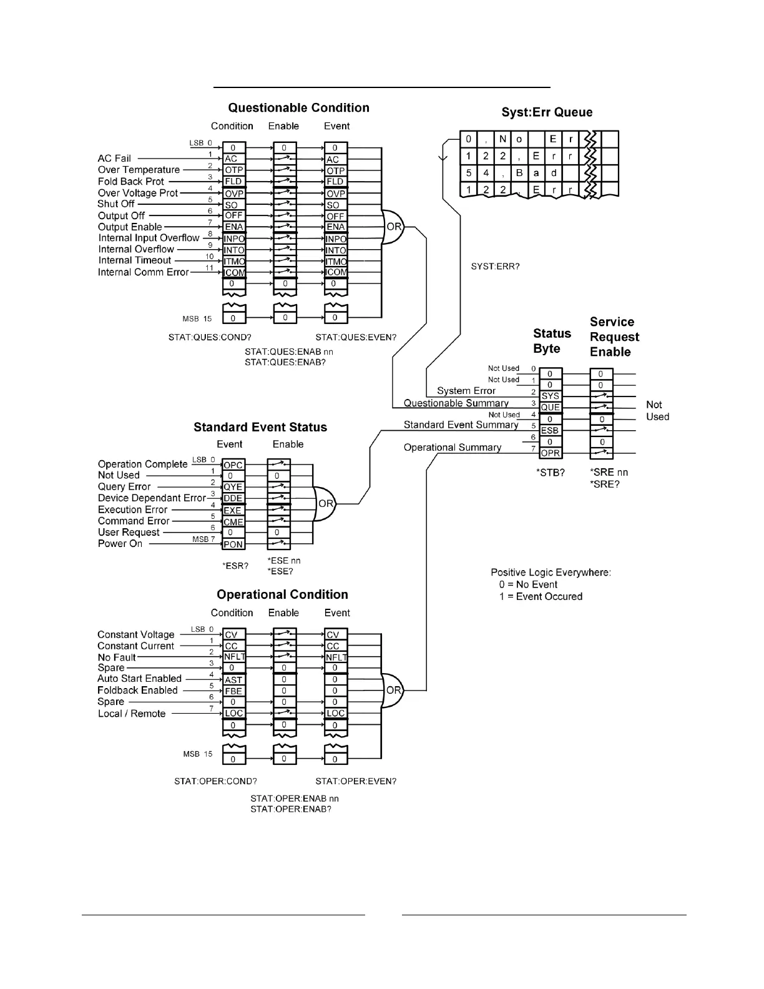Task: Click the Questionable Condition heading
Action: click(298, 108)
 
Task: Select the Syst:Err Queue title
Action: click(547, 112)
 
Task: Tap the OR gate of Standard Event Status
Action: click(325, 504)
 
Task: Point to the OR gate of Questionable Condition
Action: click(393, 227)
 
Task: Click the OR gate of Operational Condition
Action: click(393, 690)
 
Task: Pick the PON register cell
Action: click(233, 544)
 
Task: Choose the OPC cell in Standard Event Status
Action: click(233, 465)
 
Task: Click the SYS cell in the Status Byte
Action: click(550, 396)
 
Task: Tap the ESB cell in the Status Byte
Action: click(550, 430)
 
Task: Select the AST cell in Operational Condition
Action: click(233, 680)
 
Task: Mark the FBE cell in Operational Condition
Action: click(233, 691)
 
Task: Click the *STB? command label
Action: click(551, 473)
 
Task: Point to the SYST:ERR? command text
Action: click(495, 267)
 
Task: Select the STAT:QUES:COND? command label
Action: click(210, 337)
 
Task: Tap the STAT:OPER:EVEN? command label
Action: click(356, 781)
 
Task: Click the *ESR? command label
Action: click(235, 566)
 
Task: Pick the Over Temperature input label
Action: click(139, 170)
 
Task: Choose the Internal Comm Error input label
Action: click(143, 272)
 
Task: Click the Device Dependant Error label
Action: click(152, 498)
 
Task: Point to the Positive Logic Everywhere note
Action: click(551, 573)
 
